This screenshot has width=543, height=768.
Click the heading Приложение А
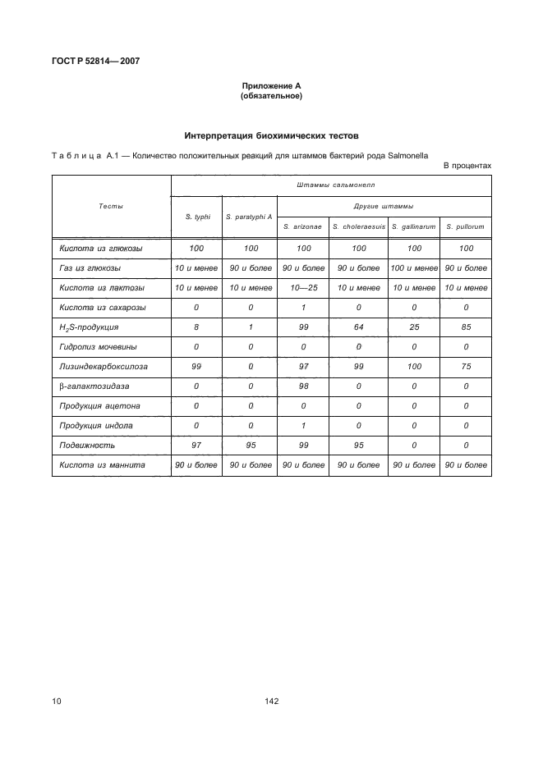click(271, 86)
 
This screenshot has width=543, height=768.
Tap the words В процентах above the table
click(467, 165)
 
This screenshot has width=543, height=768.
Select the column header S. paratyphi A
click(249, 217)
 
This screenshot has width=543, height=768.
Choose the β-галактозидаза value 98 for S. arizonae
click(303, 386)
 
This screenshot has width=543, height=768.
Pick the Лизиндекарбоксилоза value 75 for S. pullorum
click(466, 367)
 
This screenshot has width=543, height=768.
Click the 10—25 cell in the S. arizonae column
click(303, 287)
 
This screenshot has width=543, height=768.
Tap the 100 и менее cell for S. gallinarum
click(413, 267)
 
